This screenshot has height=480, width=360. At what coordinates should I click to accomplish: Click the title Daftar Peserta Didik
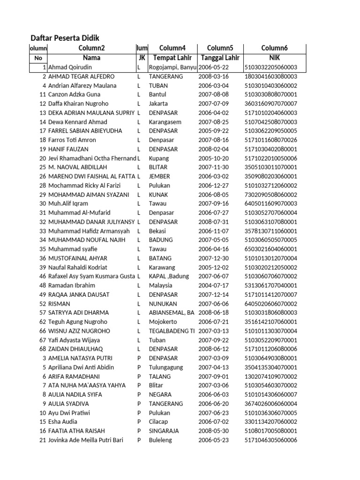[65, 38]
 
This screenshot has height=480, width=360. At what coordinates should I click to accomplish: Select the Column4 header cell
[172, 48]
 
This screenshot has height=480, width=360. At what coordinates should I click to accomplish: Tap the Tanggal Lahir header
[220, 58]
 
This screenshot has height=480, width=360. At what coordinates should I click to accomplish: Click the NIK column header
[274, 58]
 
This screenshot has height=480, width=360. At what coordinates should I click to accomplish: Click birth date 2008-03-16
[213, 76]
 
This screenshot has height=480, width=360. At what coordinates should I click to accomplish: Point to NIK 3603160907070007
[270, 104]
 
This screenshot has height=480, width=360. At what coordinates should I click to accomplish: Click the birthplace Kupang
[158, 158]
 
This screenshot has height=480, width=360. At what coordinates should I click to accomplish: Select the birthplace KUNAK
[158, 195]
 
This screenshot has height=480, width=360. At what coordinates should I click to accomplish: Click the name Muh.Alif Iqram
[68, 204]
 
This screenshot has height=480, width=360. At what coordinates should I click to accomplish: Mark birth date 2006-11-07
[213, 231]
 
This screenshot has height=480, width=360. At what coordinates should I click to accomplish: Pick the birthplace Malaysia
[160, 285]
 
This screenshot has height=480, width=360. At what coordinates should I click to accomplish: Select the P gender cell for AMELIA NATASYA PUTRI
[139, 358]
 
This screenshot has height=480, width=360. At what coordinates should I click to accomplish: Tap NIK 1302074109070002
[270, 376]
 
